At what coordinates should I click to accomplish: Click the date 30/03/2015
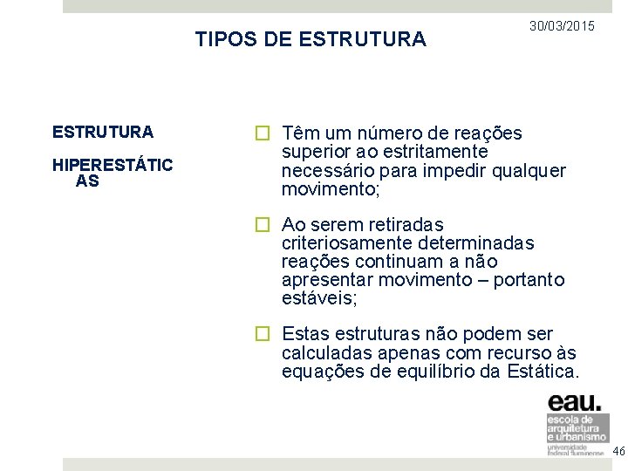(x=563, y=27)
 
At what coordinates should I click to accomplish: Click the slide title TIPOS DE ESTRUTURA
(x=311, y=39)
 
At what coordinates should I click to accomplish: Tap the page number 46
(x=619, y=451)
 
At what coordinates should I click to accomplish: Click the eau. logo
(x=575, y=403)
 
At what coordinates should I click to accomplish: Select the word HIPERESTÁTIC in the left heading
(x=113, y=165)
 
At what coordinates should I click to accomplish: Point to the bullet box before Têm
(x=261, y=134)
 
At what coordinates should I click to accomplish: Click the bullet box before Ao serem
(x=261, y=225)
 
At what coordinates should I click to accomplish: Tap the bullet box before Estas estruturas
(x=261, y=334)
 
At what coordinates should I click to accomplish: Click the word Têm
(x=300, y=133)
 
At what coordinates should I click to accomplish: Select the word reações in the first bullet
(x=488, y=133)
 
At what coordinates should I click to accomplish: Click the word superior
(x=317, y=152)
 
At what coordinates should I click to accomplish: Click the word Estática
(x=545, y=372)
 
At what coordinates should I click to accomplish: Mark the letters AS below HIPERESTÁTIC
(x=87, y=181)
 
